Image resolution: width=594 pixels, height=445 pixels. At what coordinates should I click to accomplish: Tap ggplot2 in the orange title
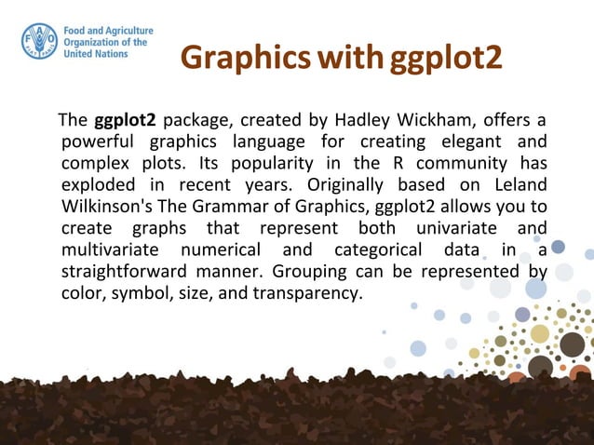point(446,57)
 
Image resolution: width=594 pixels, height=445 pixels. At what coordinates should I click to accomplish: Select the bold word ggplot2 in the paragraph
point(125,121)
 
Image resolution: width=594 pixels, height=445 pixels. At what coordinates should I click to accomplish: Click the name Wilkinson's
point(107,205)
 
